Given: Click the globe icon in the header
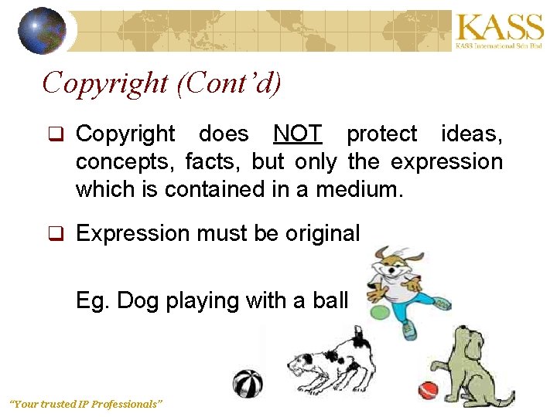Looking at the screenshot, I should pyautogui.click(x=42, y=31).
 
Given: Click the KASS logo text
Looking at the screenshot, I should pyautogui.click(x=500, y=28).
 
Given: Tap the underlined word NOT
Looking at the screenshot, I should pyautogui.click(x=297, y=134).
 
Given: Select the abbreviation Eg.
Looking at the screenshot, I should pyautogui.click(x=92, y=300).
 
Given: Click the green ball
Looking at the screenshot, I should pyautogui.click(x=379, y=312).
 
